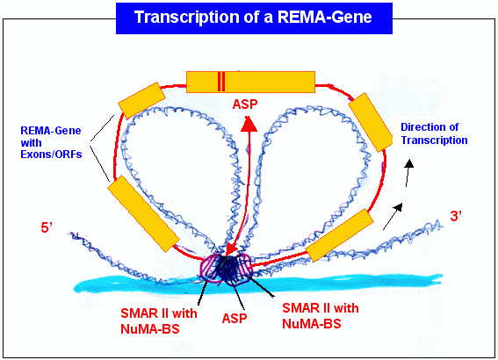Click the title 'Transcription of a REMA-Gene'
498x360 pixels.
[x=253, y=18]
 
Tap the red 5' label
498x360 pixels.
[x=47, y=227]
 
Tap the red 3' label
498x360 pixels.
[x=456, y=216]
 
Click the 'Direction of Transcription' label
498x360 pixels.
[x=434, y=133]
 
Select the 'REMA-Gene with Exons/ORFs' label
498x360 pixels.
[x=51, y=142]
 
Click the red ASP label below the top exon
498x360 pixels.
[x=245, y=104]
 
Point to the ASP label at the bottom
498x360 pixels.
[x=235, y=319]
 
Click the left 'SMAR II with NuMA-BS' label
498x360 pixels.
[x=158, y=321]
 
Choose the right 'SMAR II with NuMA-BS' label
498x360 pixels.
[x=321, y=316]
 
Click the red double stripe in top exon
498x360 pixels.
[x=221, y=82]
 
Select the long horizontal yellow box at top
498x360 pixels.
[x=250, y=82]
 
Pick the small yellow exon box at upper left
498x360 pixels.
[x=141, y=100]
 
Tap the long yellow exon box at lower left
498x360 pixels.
[x=143, y=213]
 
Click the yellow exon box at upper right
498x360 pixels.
[x=371, y=122]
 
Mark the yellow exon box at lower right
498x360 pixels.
[x=339, y=235]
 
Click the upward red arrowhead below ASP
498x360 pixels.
[x=249, y=124]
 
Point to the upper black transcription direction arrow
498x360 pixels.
[x=408, y=173]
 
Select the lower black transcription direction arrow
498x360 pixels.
[x=393, y=217]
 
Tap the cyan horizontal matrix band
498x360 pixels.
[x=258, y=284]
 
